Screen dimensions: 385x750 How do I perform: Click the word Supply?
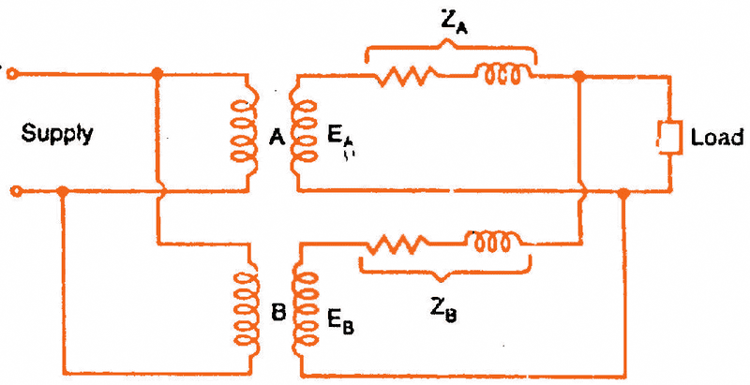click(57, 134)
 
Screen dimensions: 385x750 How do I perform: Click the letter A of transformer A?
click(277, 139)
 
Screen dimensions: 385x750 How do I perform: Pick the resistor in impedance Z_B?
click(397, 245)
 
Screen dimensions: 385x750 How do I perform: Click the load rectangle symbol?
click(667, 138)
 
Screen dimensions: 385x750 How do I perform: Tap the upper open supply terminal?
click(11, 72)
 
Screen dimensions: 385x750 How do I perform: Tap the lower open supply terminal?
click(12, 192)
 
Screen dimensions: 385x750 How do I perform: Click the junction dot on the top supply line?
click(157, 72)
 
